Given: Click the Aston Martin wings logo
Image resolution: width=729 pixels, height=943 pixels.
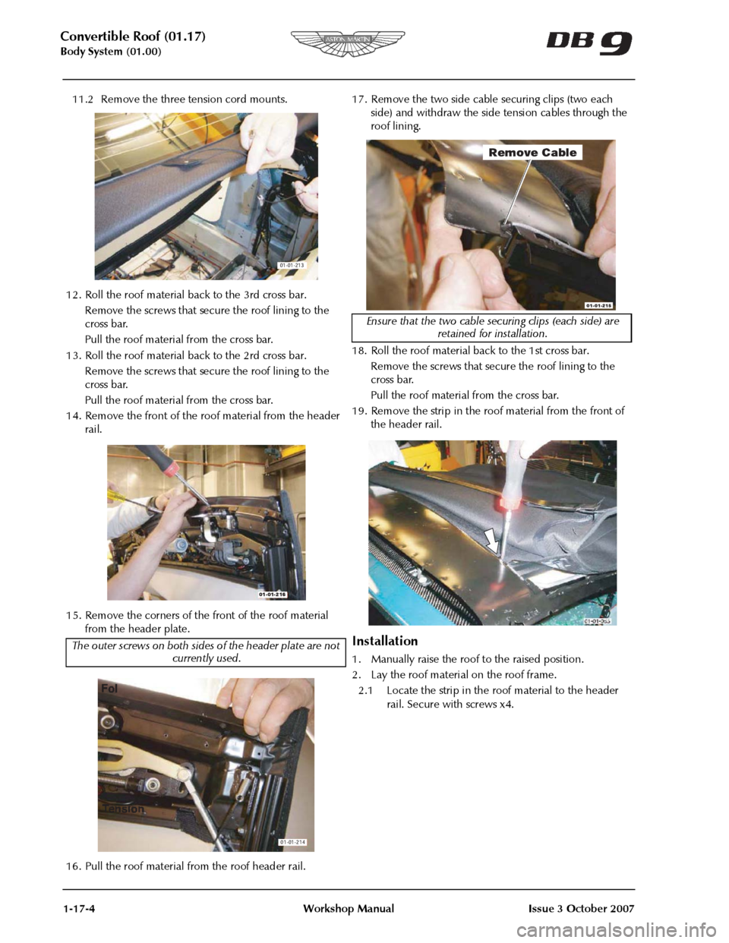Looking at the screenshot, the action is (x=347, y=43).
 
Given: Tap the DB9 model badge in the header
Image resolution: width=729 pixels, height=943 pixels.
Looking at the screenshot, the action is (x=589, y=43).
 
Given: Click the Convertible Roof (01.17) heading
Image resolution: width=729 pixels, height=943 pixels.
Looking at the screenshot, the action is (x=133, y=37).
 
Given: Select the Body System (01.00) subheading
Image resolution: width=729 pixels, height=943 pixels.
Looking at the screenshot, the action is (x=111, y=52).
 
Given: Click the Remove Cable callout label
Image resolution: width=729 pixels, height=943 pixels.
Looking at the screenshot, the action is (x=532, y=153).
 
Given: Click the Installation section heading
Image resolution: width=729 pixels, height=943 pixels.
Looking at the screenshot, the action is (x=385, y=641).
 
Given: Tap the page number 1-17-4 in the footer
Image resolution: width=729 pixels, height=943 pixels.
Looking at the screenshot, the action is (x=77, y=909).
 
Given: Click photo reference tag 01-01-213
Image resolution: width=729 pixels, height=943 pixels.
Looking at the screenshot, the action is (x=292, y=265).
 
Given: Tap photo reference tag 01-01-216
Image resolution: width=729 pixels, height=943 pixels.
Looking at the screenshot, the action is (x=273, y=595).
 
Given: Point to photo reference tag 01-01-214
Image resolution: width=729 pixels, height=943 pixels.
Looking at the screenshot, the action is (x=292, y=842).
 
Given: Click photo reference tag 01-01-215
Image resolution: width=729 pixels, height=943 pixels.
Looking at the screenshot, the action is (x=599, y=306).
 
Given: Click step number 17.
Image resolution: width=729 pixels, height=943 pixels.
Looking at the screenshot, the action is (x=359, y=99).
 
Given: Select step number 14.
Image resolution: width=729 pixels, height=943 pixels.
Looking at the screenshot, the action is (x=74, y=416).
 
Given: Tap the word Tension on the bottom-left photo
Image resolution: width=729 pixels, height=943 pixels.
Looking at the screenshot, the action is (x=123, y=809).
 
